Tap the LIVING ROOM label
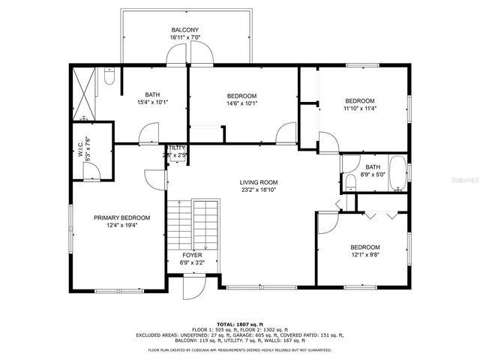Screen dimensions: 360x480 coord(259,182)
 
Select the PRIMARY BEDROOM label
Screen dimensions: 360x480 coord(121,217)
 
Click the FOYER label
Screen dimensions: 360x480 coord(191,255)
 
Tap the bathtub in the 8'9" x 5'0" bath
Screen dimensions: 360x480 coord(397,174)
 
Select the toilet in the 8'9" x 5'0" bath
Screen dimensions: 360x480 coord(350,182)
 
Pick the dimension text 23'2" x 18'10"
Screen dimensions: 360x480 coord(259,190)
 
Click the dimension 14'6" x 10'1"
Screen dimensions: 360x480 coord(241,104)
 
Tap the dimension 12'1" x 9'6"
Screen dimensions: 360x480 coord(364,256)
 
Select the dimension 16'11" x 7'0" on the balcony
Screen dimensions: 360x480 coord(184,37)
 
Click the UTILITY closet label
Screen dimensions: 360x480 coord(177,148)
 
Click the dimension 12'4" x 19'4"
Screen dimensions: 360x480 coord(121,226)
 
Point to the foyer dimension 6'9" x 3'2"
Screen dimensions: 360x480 coord(191,263)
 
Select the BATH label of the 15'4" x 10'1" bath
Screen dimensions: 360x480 coord(152,94)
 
